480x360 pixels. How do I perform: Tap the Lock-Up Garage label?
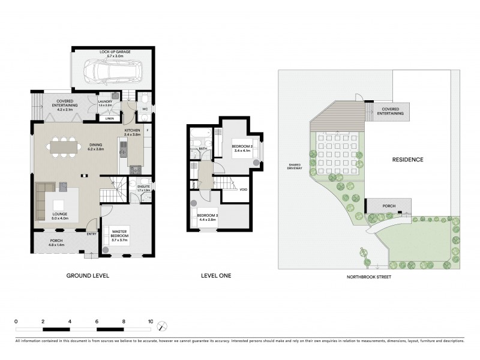click(x=115, y=52)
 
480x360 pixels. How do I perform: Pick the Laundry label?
click(x=105, y=103)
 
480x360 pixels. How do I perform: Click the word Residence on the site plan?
click(x=408, y=160)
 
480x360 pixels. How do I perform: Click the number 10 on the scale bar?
click(x=150, y=322)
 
